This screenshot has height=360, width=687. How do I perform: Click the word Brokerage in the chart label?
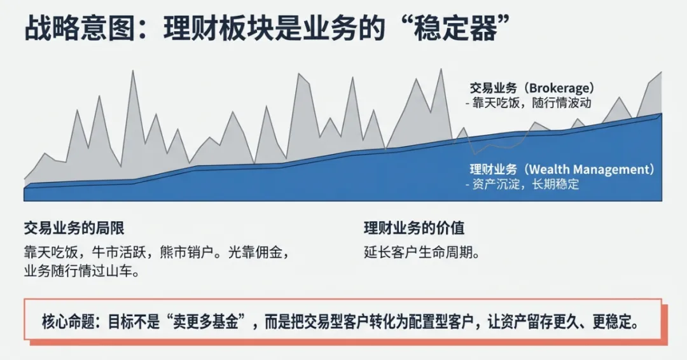click(560, 87)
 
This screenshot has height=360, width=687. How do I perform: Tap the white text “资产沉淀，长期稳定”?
click(525, 184)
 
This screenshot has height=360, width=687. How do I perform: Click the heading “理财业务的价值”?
click(414, 228)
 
